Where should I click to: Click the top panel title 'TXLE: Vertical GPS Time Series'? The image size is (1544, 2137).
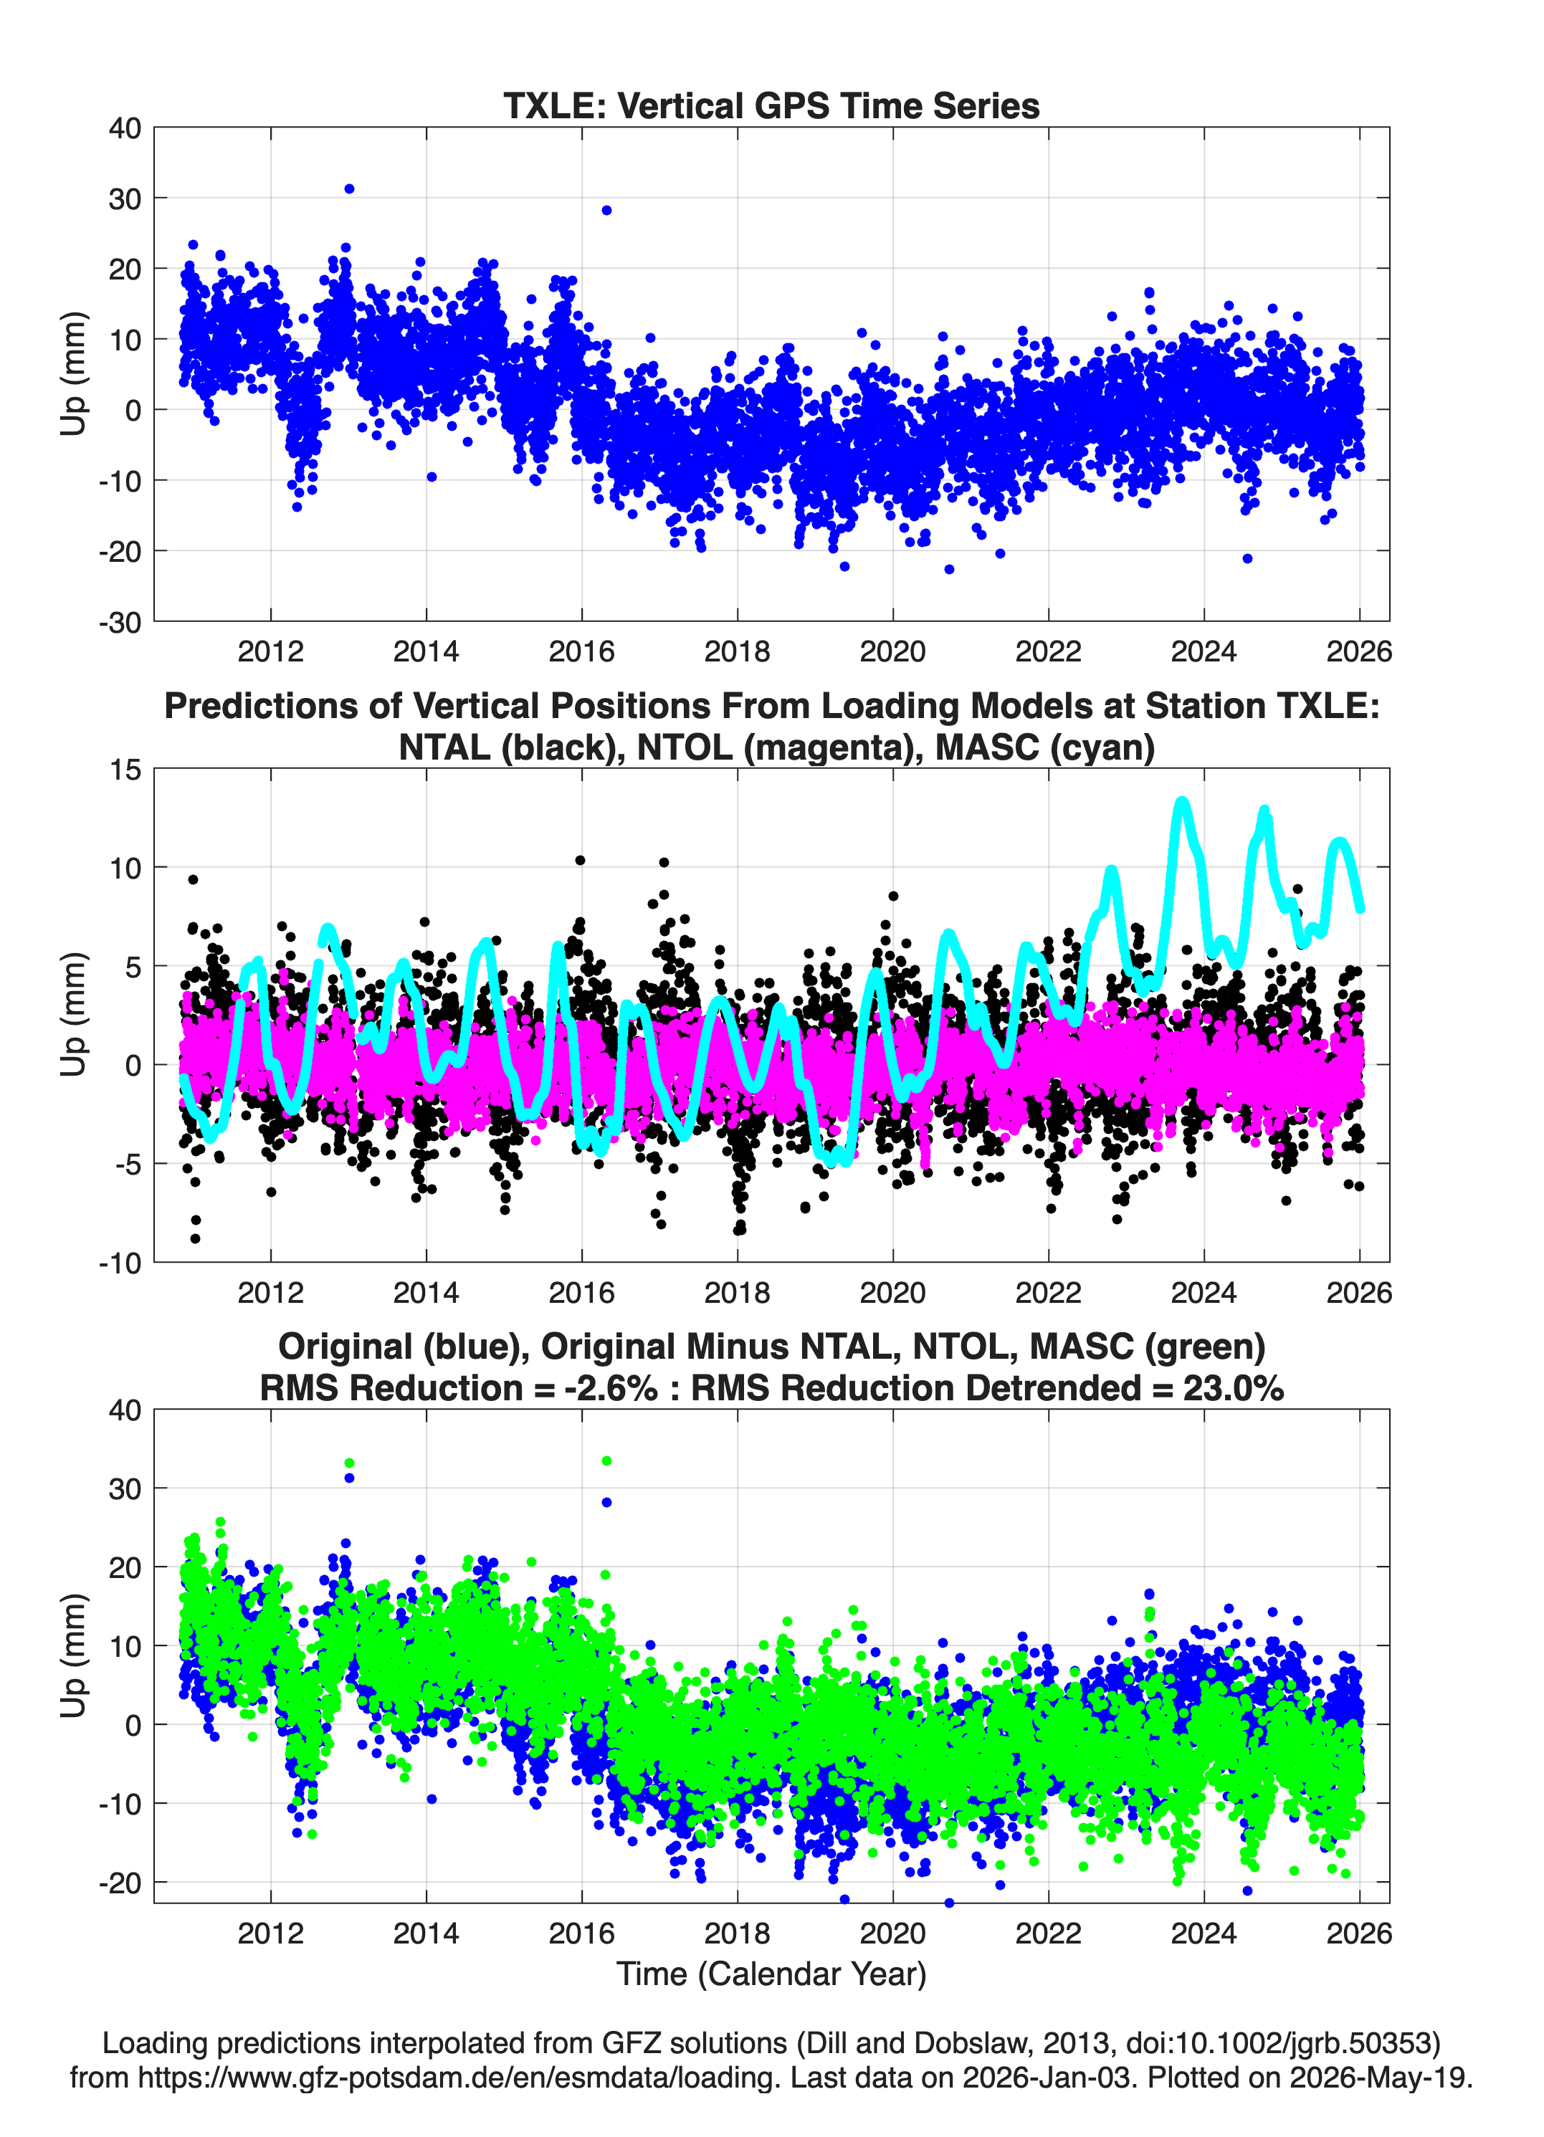771,105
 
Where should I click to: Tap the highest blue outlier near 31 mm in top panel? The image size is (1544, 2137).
349,189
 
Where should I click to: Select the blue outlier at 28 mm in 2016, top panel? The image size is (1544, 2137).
606,210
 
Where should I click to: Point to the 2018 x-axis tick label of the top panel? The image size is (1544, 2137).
737,651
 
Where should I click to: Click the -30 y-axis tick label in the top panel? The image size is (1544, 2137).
120,622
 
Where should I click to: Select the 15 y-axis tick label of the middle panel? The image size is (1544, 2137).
125,769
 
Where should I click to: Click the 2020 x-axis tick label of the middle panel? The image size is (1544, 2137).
892,1293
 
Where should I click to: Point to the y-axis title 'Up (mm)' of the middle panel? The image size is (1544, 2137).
74,1015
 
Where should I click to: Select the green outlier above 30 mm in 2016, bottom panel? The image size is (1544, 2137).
606,1461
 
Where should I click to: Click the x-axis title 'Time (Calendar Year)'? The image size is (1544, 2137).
771,1974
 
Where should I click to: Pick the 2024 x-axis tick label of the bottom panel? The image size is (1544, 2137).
1204,1933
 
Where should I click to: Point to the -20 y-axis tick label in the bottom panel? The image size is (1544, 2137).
120,1883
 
